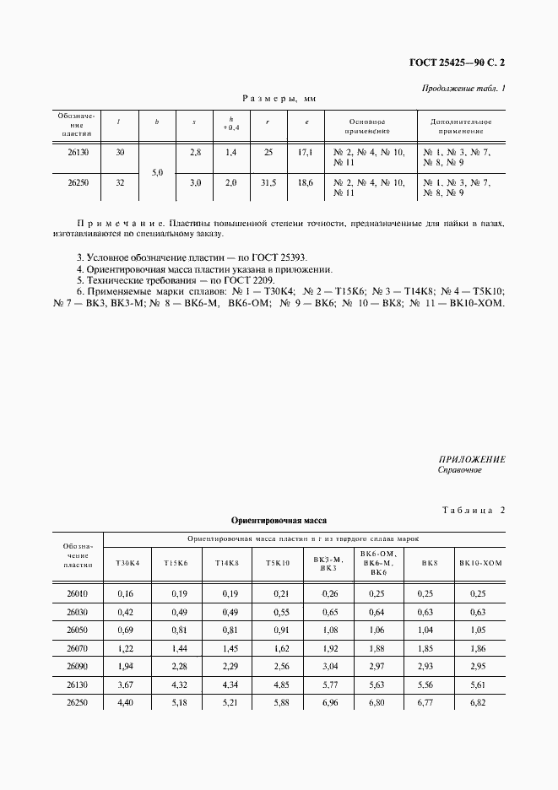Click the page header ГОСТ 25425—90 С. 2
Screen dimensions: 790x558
(x=462, y=62)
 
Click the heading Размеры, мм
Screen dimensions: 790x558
(x=279, y=99)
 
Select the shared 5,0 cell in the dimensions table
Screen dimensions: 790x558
(x=157, y=172)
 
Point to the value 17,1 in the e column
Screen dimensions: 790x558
(x=306, y=152)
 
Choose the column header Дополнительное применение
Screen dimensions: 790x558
(x=461, y=127)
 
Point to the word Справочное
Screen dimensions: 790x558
(x=459, y=470)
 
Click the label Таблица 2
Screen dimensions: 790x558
(x=472, y=510)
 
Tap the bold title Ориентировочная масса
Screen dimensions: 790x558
(x=279, y=521)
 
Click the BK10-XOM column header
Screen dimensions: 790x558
(x=480, y=562)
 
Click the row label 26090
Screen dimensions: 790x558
(x=77, y=665)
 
